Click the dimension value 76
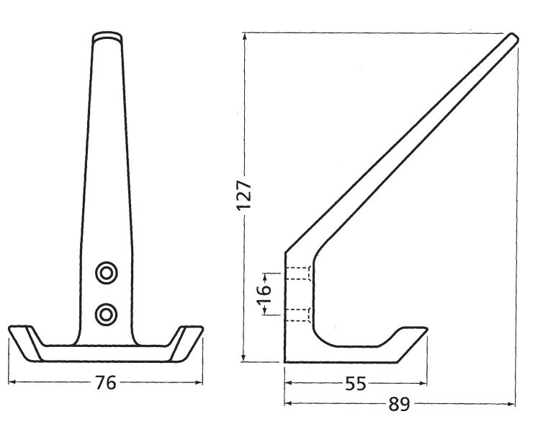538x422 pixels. (106, 383)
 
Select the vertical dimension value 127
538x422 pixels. (244, 195)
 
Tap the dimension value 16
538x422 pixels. (264, 292)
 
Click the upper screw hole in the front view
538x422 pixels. (107, 273)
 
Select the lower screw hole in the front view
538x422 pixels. (107, 312)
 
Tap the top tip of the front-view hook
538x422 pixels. (107, 35)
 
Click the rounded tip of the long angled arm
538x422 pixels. (512, 38)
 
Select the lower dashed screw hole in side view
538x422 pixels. (299, 312)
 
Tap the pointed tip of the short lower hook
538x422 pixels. (426, 331)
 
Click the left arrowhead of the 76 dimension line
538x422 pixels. (12, 383)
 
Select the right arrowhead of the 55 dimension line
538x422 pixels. (428, 384)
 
